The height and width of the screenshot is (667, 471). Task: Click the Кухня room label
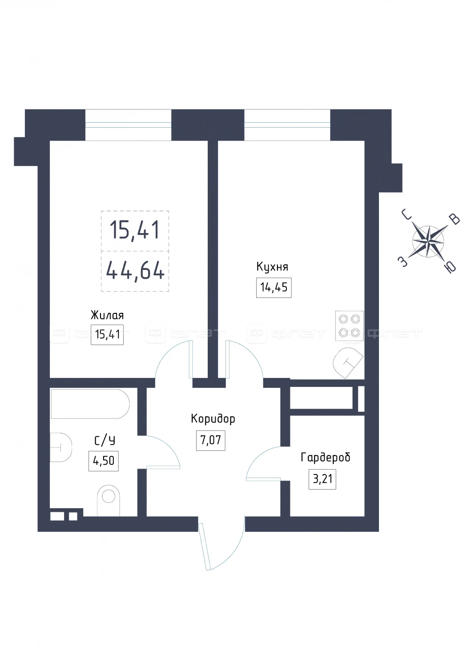(x=272, y=267)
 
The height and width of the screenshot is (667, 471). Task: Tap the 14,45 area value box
(x=274, y=288)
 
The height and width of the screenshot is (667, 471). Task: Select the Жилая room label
(x=107, y=315)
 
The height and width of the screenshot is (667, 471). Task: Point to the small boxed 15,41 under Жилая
(x=107, y=335)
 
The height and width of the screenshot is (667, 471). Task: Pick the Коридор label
(x=213, y=418)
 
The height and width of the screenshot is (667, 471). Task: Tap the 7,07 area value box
(x=211, y=440)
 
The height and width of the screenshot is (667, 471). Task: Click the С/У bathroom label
(x=104, y=440)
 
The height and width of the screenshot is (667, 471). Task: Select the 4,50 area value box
(x=103, y=461)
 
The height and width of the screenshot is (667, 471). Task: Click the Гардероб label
(x=325, y=457)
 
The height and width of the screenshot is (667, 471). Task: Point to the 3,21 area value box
(x=322, y=479)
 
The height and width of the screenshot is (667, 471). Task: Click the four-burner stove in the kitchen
(x=350, y=326)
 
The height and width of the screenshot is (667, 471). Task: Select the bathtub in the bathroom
(x=90, y=404)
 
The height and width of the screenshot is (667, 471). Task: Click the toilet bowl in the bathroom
(x=109, y=500)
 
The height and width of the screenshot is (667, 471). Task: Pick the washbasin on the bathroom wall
(x=61, y=447)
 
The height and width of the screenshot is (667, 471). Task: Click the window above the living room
(x=128, y=125)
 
